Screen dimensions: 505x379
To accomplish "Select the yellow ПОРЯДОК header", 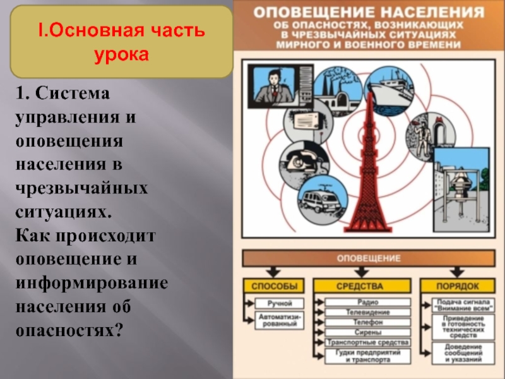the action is pyautogui.click(x=458, y=285).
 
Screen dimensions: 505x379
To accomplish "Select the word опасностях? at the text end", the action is pyautogui.click(x=69, y=330).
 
